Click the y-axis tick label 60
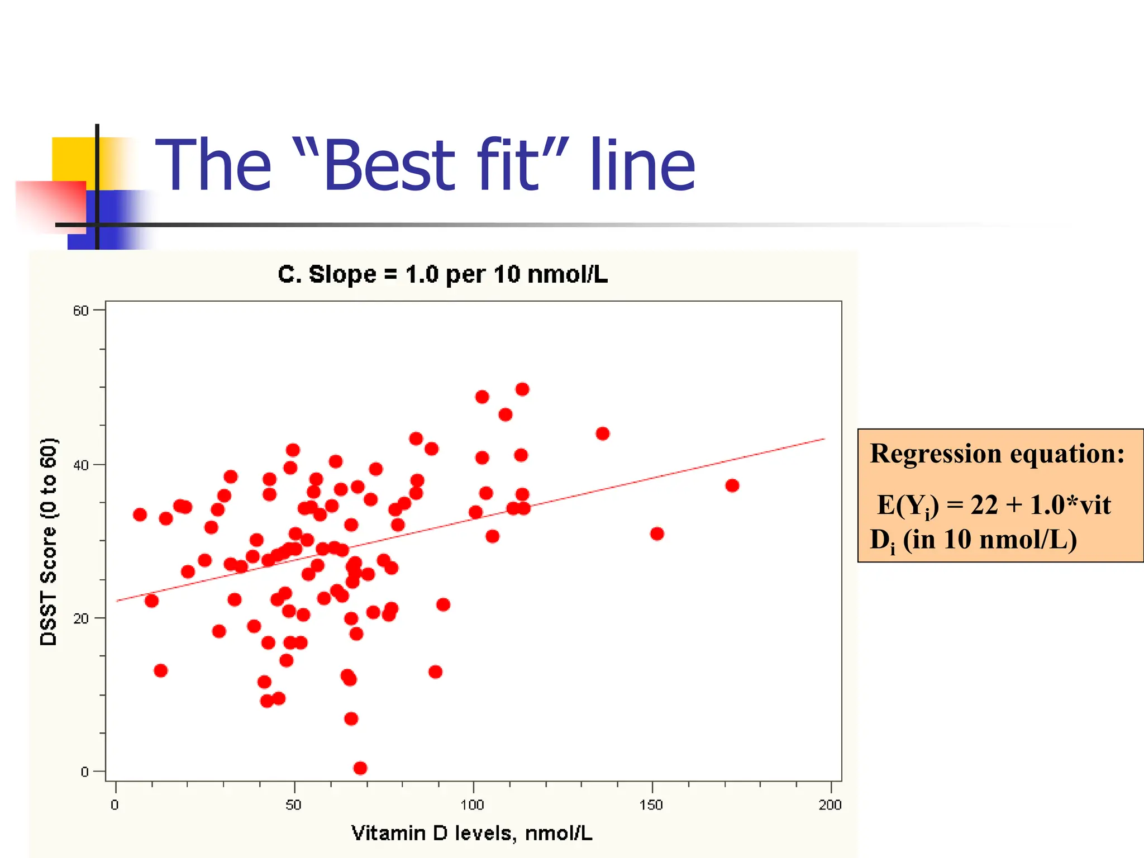coord(80,311)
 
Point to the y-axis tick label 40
coord(80,465)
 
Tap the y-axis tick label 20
coord(80,618)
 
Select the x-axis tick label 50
coord(293,805)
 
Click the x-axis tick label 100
coord(472,805)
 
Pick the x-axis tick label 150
coord(651,805)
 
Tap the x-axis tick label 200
coord(830,805)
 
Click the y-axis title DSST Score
coord(49,542)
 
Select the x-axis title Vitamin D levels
coord(471,833)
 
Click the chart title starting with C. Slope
coord(442,274)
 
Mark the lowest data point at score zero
coord(360,768)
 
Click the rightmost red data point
coord(732,485)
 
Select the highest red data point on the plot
coord(522,389)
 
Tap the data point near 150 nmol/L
coord(657,534)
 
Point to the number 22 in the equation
coord(984,505)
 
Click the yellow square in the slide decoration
coord(73,159)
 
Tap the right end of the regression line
coord(823,440)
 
